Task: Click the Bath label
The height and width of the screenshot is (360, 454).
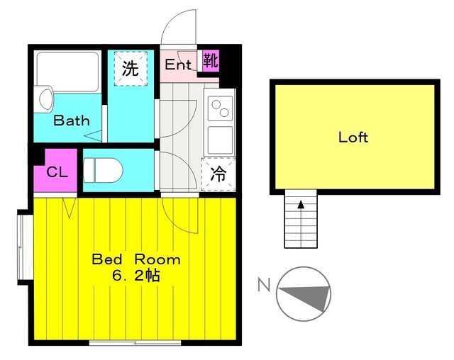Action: click(72, 120)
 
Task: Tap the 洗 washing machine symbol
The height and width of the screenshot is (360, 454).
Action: click(130, 69)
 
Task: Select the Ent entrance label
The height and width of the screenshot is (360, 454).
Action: click(178, 64)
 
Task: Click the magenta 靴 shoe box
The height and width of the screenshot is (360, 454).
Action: click(211, 60)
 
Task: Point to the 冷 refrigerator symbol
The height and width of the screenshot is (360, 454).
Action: click(218, 174)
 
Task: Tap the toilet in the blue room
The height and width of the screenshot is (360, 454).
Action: click(104, 170)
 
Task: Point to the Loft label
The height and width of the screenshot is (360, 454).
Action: click(353, 137)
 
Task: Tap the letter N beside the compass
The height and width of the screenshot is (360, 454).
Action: click(264, 286)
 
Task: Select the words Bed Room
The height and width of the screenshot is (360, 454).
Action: click(136, 259)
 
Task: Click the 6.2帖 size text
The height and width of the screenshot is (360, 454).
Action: click(135, 276)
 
